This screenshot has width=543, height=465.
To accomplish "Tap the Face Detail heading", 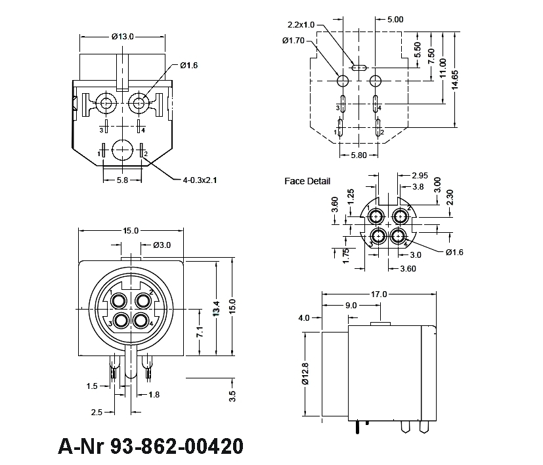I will click(x=307, y=181).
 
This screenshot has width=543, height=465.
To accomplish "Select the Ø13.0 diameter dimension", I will click(x=123, y=37).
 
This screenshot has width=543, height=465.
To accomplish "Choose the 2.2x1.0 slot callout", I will click(x=301, y=25).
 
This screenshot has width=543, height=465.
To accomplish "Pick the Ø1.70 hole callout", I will click(x=294, y=41).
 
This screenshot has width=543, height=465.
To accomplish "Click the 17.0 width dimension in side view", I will click(x=380, y=294).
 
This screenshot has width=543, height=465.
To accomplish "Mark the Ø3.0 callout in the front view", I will click(x=162, y=245).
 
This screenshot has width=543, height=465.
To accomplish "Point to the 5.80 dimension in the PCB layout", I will click(x=358, y=155).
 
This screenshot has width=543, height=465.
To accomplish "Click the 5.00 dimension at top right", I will click(x=395, y=20).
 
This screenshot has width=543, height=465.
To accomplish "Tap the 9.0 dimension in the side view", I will click(x=351, y=305).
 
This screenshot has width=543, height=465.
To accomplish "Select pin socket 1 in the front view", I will click(x=119, y=300).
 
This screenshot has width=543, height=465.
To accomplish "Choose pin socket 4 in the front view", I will click(x=140, y=321).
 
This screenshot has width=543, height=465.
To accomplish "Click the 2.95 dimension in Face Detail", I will click(x=420, y=176).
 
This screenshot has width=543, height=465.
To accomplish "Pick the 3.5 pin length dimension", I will click(x=232, y=395).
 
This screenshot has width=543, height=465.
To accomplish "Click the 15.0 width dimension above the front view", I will click(x=131, y=231).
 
